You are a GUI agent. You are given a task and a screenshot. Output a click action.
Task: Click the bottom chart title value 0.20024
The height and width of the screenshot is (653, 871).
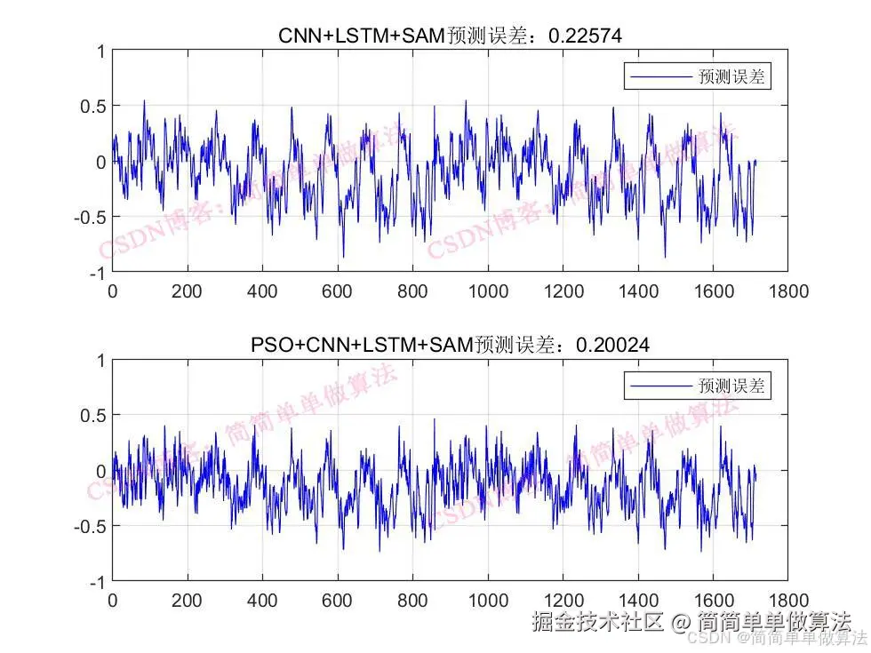pos(612,345)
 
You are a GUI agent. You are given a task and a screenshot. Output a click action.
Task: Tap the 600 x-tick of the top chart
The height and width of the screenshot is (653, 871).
pos(338,291)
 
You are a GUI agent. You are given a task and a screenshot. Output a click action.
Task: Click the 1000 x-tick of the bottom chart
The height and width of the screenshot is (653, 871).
pos(488,600)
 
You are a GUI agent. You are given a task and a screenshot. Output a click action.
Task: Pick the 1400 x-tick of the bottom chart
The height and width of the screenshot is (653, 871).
pos(638,600)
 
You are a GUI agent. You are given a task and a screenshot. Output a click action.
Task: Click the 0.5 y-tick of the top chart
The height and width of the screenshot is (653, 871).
pos(92,106)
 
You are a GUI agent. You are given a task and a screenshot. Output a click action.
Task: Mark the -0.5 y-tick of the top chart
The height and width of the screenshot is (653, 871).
pos(89,217)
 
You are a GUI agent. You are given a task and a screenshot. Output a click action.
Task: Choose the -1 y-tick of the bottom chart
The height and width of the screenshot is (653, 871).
pos(95,581)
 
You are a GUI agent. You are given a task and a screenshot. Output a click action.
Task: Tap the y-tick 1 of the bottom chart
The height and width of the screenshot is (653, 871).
pos(100,360)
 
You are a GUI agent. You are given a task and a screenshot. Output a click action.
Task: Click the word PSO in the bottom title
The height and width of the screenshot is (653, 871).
pos(269,345)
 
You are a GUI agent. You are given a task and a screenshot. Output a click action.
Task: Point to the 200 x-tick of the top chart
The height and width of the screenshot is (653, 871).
pos(188,291)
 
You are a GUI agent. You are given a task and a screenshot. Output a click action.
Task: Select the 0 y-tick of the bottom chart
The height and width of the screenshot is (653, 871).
pos(100,471)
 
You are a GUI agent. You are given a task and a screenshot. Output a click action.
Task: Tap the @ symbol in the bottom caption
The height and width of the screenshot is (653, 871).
pos(680,622)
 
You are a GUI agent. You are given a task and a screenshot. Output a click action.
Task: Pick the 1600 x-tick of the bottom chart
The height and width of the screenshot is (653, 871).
pos(714,600)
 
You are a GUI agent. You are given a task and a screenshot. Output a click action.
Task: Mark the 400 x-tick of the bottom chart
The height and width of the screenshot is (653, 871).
pos(263,600)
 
